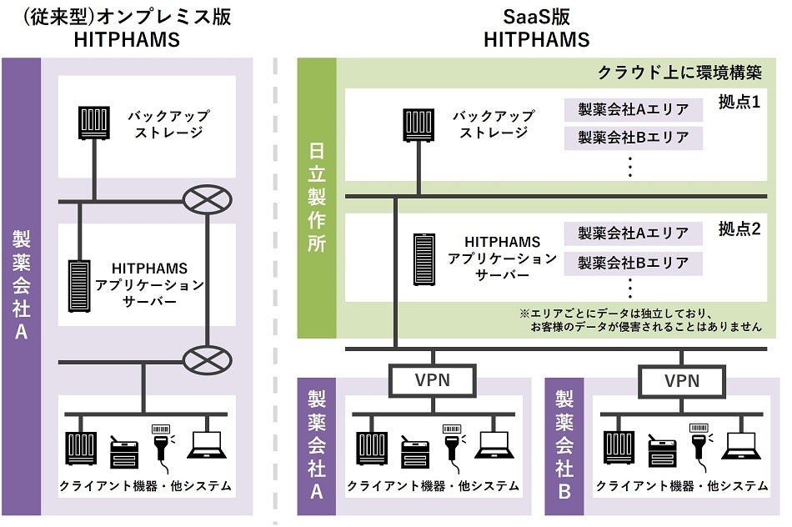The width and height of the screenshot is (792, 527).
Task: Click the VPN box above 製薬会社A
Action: pos(433,381)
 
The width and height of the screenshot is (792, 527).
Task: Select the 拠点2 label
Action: pos(739,229)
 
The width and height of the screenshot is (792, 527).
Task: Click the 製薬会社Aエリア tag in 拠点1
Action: pos(634,110)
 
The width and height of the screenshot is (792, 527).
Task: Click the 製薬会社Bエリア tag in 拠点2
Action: pos(634,263)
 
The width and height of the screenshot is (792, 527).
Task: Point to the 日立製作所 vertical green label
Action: pos(317,197)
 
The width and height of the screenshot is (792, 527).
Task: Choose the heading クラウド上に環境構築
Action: pos(679,72)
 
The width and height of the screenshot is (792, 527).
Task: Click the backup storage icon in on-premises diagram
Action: pos(93,124)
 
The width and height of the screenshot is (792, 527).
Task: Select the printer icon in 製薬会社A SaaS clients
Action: pos(414,451)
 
